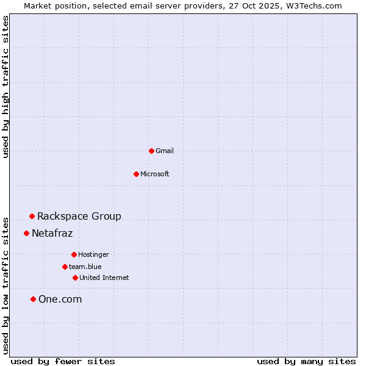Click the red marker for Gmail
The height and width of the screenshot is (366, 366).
(x=151, y=151)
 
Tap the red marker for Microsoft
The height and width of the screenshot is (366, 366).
(x=137, y=174)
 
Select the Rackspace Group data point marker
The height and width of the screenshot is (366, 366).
(x=32, y=216)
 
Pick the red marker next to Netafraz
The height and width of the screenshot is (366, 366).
(x=26, y=233)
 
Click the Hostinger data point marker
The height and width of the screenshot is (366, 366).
(x=74, y=254)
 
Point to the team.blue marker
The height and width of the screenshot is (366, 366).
(x=65, y=267)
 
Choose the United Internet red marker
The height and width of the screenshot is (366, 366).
(x=75, y=278)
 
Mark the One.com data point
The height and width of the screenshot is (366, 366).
(x=33, y=299)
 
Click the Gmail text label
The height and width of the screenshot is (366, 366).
(x=165, y=151)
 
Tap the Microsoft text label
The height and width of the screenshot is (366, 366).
(x=155, y=174)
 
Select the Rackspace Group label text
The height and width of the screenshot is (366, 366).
(x=79, y=216)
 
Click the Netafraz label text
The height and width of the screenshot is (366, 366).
(x=52, y=233)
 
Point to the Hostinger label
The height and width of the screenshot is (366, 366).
(x=93, y=254)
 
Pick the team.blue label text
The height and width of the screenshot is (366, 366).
(x=85, y=267)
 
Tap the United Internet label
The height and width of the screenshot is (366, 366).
(x=104, y=278)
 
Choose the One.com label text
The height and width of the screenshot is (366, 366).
(x=60, y=299)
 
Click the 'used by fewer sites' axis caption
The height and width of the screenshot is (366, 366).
(x=63, y=361)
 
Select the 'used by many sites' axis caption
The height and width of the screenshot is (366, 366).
(x=306, y=361)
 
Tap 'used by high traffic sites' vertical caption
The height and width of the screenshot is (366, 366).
(x=5, y=87)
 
